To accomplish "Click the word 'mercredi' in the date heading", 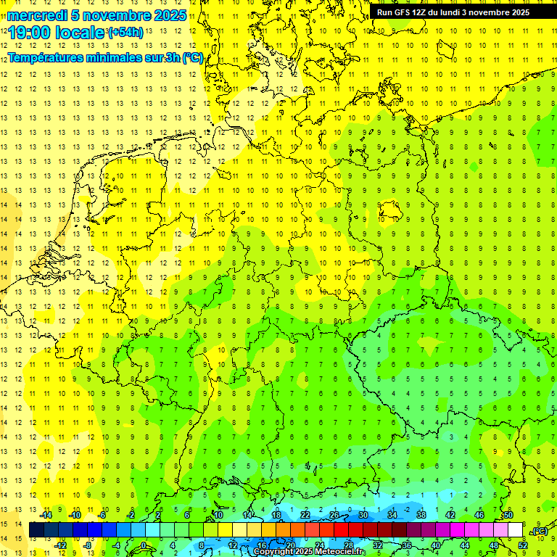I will point(36,15).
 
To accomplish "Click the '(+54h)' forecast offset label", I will point(125,32).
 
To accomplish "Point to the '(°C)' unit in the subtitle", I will point(192,57).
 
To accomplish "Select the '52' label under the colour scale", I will point(523,545).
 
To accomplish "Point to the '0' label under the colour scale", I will point(144,545).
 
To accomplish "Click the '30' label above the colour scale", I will point(363,515).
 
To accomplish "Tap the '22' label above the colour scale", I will point(305,515).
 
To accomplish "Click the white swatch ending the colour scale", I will point(516,530).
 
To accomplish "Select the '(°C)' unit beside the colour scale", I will point(539,531).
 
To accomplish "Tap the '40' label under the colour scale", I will point(436,545).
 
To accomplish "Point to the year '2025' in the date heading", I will point(170,15).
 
